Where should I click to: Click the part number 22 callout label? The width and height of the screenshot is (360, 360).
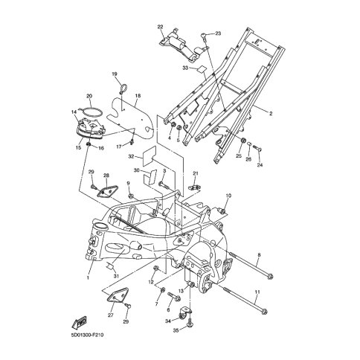[x=160, y=27]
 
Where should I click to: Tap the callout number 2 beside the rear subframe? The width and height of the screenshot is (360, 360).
[x=271, y=114]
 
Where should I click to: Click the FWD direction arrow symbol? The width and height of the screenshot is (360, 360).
[x=80, y=322]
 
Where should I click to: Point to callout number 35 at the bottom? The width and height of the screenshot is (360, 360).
[x=176, y=330]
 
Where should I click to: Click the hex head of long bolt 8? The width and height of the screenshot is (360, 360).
[x=271, y=276]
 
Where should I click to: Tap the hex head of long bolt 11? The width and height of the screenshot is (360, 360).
[x=264, y=311]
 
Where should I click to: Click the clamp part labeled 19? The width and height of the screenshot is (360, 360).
[x=123, y=89]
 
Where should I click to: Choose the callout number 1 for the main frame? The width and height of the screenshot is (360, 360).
[x=87, y=277]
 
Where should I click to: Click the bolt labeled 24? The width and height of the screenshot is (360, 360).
[x=257, y=148]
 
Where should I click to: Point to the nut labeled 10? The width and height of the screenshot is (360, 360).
[x=222, y=210]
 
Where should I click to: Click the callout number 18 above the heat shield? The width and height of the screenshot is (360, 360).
[x=138, y=96]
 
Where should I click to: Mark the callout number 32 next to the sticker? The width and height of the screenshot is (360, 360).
[x=131, y=157]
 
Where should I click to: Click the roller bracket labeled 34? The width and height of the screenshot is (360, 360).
[x=185, y=312]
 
